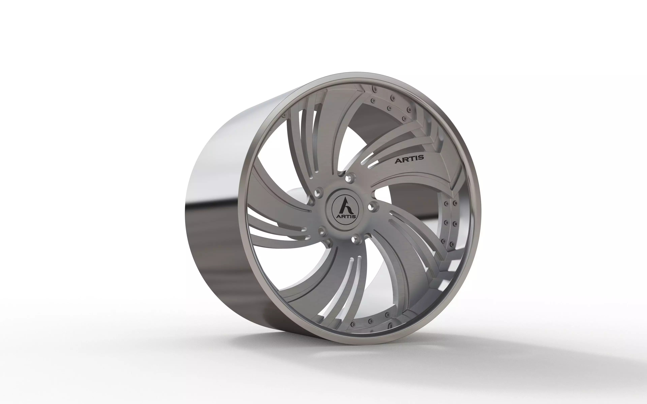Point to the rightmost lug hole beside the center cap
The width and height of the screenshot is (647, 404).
pos(371,206)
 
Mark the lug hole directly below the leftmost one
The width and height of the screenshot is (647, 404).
pos(322,230)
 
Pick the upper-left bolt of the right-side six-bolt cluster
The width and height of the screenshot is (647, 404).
pos(446,204)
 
